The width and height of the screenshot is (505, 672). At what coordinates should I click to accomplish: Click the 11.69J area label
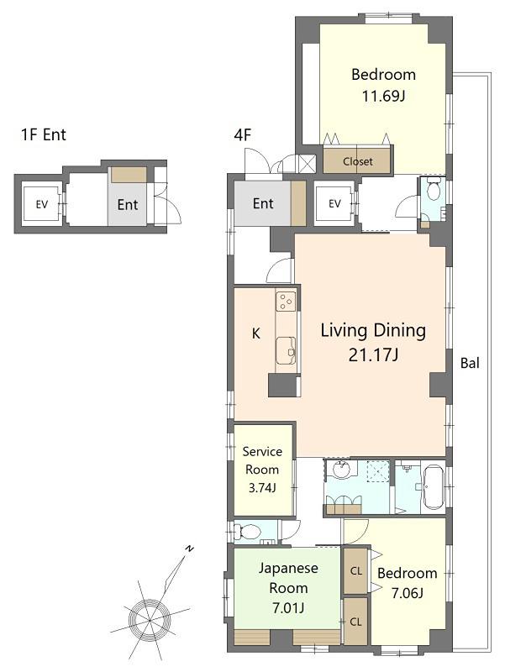pos(384,96)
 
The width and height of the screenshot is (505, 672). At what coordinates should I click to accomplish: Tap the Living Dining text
pos(373,331)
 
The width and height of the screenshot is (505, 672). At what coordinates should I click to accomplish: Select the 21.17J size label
pos(373,354)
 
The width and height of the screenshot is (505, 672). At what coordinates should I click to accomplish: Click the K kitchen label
pos(256,333)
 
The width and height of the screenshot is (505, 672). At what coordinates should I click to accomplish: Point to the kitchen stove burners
pos(286,301)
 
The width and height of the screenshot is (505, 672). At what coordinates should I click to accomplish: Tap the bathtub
pos(432,488)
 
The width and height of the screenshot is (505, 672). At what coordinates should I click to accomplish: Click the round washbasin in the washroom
pos(341,470)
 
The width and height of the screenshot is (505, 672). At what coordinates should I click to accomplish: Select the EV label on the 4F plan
pos(334,203)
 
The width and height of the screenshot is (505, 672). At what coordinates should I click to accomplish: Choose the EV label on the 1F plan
pos(41,204)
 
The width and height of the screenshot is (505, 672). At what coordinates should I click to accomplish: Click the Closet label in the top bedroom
pos(357,161)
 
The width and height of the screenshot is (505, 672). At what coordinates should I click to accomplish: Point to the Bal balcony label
pos(470,363)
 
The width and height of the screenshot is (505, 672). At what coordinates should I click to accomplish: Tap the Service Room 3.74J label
pos(262,470)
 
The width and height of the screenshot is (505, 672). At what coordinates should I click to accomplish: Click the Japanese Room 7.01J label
pos(288,587)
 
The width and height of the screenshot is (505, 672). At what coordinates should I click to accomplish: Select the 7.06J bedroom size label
pos(408,593)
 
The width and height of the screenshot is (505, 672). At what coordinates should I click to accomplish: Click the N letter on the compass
pos(189,549)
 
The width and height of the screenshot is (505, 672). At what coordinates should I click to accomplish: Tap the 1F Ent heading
pos(44,134)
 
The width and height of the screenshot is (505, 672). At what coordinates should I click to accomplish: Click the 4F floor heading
pos(242,135)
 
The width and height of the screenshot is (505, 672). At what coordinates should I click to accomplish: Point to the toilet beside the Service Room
pos(247,533)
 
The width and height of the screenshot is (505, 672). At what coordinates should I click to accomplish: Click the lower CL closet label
pos(355,622)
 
